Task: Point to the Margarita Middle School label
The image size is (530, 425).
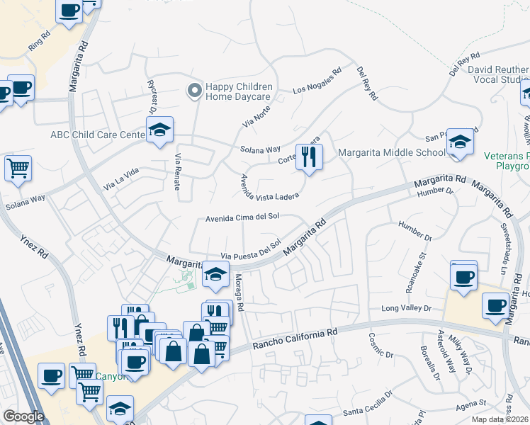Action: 392,152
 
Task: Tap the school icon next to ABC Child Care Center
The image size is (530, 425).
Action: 160,130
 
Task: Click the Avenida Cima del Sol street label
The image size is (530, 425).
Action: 242,218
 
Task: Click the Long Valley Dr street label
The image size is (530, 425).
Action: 406,308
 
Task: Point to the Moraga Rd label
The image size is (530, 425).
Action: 239,293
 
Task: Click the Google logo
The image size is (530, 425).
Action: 23,416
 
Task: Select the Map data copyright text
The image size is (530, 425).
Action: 500,419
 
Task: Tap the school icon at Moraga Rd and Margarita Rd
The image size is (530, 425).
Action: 215,275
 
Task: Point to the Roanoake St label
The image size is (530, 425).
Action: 417,264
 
